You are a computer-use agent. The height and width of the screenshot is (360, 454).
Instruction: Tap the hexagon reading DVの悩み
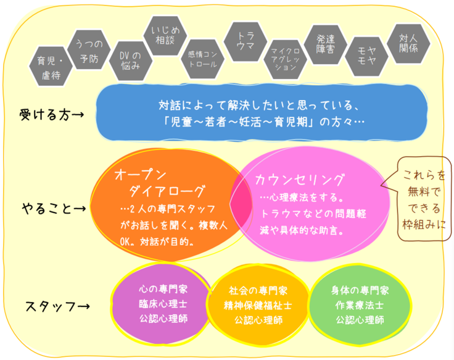[x=130, y=64]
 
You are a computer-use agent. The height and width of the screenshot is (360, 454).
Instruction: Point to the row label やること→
[x=54, y=209]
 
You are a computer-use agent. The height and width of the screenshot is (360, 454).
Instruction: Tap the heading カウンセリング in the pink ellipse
[x=300, y=180]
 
